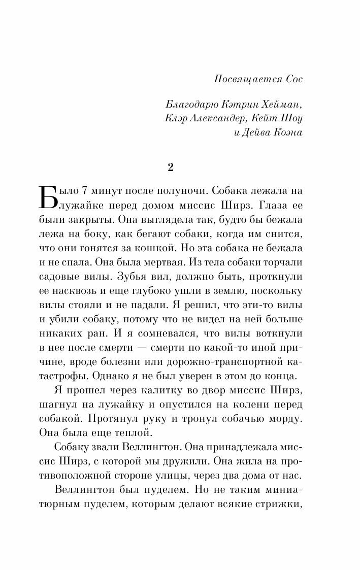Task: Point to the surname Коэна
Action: pyautogui.click(x=290, y=132)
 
